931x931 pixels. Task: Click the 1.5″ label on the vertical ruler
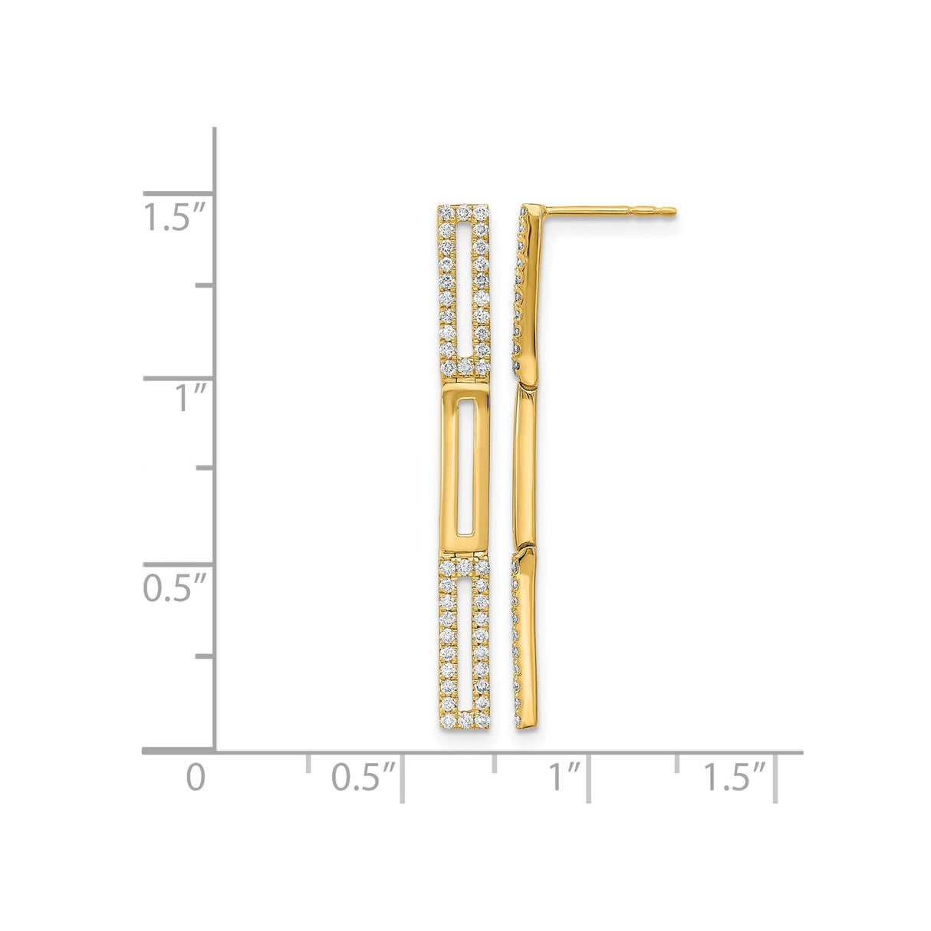point(175,217)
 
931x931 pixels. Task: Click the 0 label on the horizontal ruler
point(196,777)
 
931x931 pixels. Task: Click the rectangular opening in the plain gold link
point(463,467)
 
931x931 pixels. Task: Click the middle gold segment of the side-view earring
point(527,464)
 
